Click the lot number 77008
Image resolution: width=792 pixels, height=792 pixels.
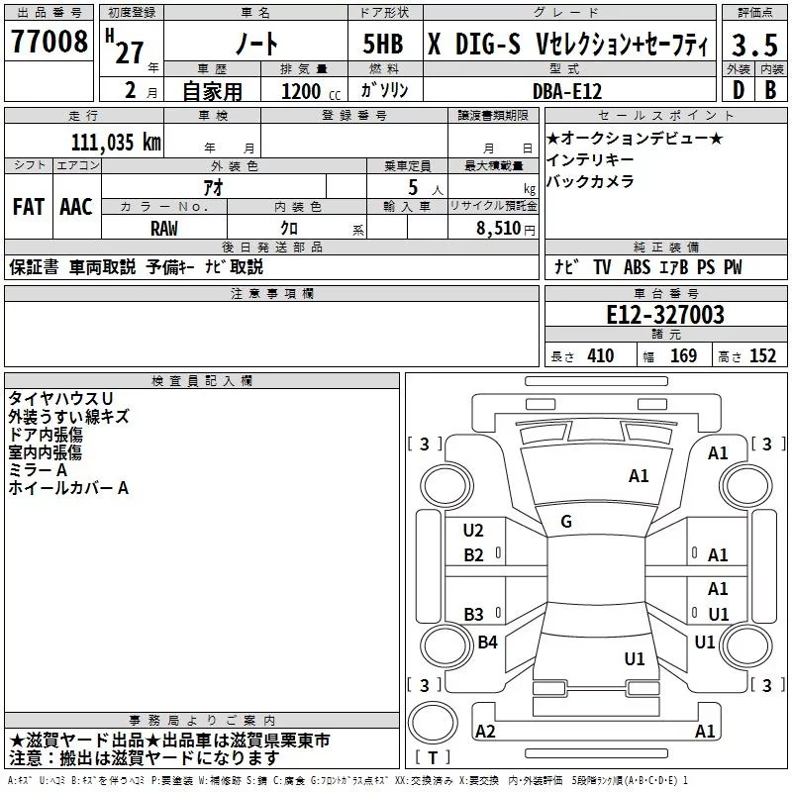point(48,46)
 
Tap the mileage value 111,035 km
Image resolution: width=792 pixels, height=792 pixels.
point(116,142)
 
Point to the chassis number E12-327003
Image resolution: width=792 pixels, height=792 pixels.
point(664,316)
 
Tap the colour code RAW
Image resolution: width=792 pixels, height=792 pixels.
point(164,228)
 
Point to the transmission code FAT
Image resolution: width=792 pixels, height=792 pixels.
point(28,207)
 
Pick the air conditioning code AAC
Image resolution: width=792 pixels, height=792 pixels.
point(76,207)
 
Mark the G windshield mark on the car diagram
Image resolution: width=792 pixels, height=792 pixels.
point(566,522)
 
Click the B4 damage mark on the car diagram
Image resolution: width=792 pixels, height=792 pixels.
point(487,643)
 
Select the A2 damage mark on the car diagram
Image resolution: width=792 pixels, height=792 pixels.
point(485,731)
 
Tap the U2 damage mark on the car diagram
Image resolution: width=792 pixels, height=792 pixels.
point(473,531)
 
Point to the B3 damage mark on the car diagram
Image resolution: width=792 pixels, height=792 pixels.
point(473,614)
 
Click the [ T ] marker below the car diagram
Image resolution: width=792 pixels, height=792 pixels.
point(434,758)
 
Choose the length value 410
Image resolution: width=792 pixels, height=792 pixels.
point(597,356)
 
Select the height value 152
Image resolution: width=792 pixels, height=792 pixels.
point(762,356)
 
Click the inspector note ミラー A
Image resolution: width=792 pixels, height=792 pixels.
point(39,469)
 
